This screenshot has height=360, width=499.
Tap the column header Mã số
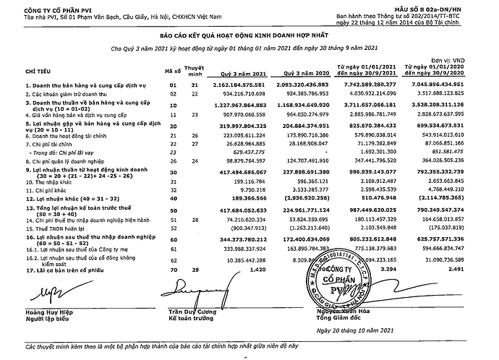[x=173, y=72]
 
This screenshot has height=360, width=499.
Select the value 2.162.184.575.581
[x=248, y=85]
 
